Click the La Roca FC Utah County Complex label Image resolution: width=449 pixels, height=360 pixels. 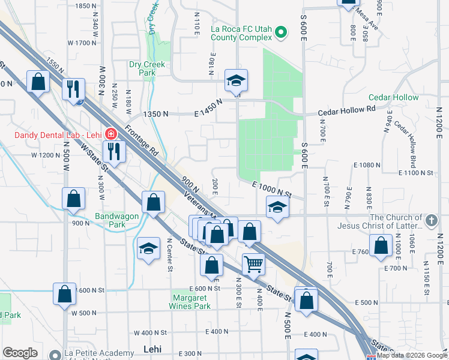pyautogui.click(x=241, y=32)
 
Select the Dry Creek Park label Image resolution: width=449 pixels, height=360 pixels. pyautogui.click(x=142, y=68)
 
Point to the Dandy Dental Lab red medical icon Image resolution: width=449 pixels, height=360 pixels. pyautogui.click(x=110, y=133)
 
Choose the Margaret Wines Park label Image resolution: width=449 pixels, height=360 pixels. pyautogui.click(x=191, y=301)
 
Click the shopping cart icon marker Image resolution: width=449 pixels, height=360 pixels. pyautogui.click(x=254, y=263)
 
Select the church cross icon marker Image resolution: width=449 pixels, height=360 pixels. pyautogui.click(x=431, y=221)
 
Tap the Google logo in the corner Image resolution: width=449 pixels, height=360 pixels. pyautogui.click(x=20, y=353)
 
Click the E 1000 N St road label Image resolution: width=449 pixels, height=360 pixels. pyautogui.click(x=271, y=190)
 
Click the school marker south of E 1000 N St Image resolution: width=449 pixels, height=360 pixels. pyautogui.click(x=277, y=207)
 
